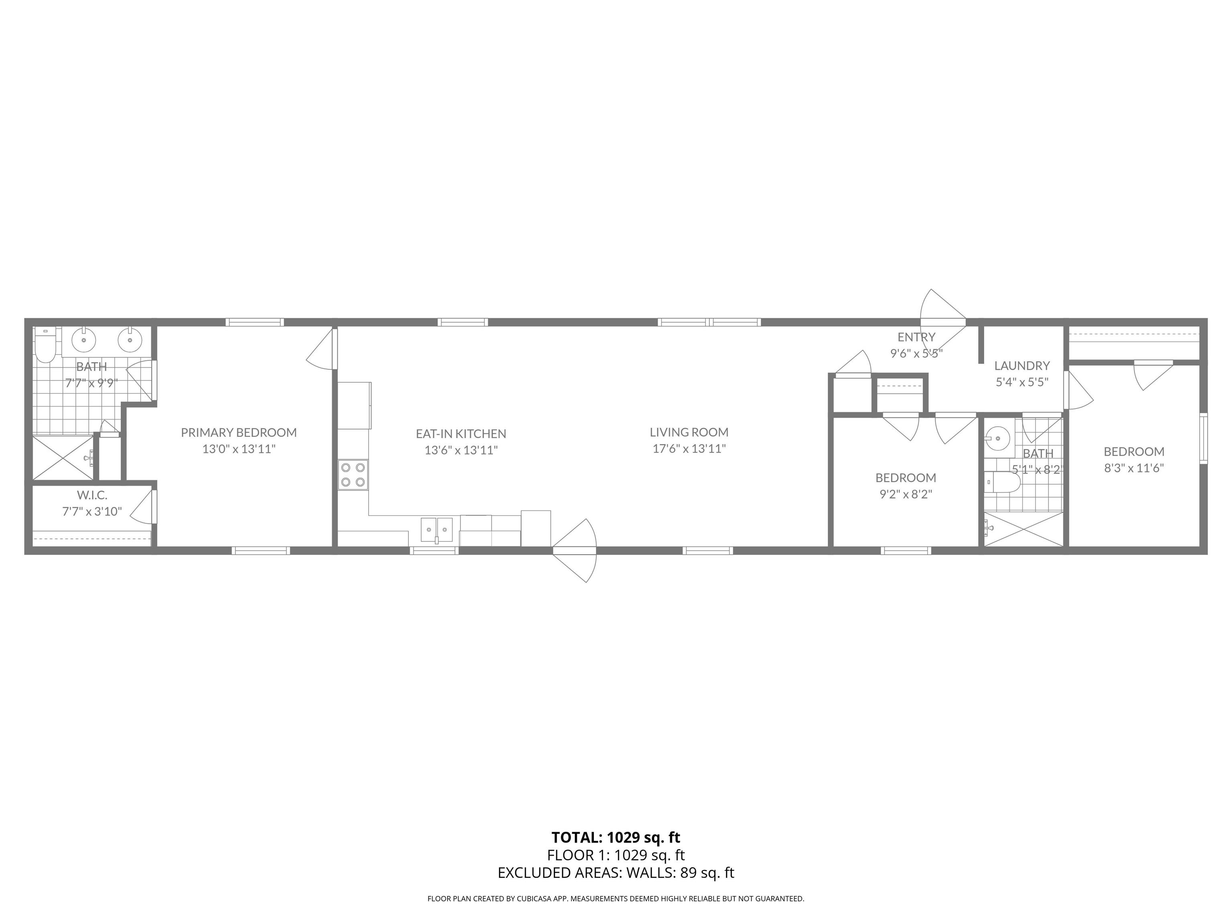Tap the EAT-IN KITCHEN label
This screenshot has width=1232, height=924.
pyautogui.click(x=461, y=433)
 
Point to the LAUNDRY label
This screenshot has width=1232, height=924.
pyautogui.click(x=1022, y=365)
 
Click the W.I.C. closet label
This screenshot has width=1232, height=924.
pyautogui.click(x=92, y=494)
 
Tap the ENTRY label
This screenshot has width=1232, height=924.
pyautogui.click(x=916, y=336)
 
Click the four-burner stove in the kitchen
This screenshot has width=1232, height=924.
pyautogui.click(x=353, y=474)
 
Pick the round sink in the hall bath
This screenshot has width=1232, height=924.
pyautogui.click(x=997, y=438)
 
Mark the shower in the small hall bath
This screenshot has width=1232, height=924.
pyautogui.click(x=1023, y=529)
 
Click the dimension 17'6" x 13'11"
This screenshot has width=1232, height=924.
pyautogui.click(x=689, y=448)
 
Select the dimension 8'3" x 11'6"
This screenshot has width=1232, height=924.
pyautogui.click(x=1134, y=468)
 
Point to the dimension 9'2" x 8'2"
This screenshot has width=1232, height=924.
pyautogui.click(x=906, y=494)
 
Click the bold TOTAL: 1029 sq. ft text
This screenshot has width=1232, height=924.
pyautogui.click(x=616, y=837)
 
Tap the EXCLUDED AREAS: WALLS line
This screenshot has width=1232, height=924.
pyautogui.click(x=616, y=873)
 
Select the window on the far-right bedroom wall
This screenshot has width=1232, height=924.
pyautogui.click(x=1204, y=438)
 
